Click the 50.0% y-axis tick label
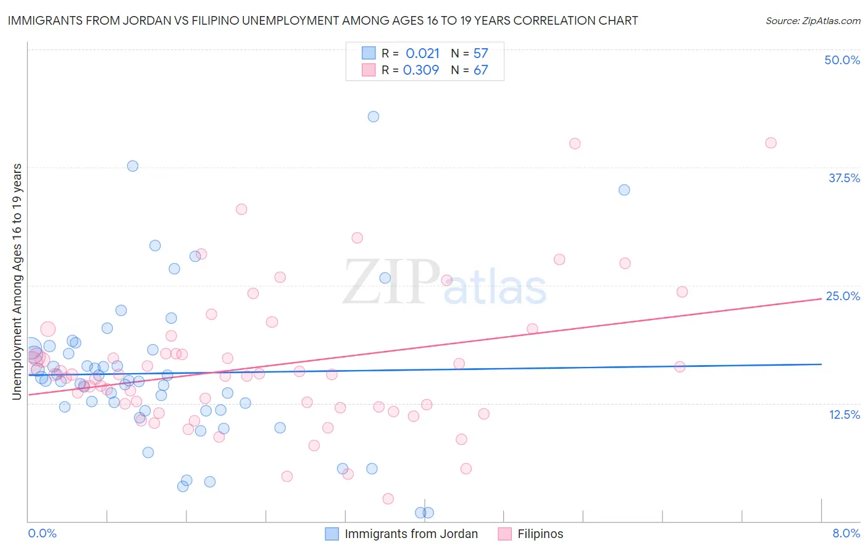click(x=842, y=60)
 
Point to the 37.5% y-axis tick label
click(x=844, y=178)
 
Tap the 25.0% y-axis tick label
click(x=843, y=296)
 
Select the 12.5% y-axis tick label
click(x=844, y=414)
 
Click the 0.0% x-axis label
click(x=42, y=533)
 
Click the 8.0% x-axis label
click(x=846, y=533)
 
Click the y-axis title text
click(x=17, y=282)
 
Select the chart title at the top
click(x=322, y=20)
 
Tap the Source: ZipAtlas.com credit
click(x=812, y=20)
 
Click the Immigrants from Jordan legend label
click(x=411, y=534)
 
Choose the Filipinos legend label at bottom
click(x=540, y=534)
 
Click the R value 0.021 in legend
click(x=422, y=54)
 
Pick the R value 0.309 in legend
click(x=421, y=70)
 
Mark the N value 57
click(x=480, y=54)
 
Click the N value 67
click(x=480, y=70)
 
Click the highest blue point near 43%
click(x=373, y=117)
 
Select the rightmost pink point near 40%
click(x=770, y=143)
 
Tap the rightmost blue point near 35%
click(x=624, y=190)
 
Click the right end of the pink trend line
click(x=821, y=298)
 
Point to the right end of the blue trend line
click(x=821, y=364)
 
